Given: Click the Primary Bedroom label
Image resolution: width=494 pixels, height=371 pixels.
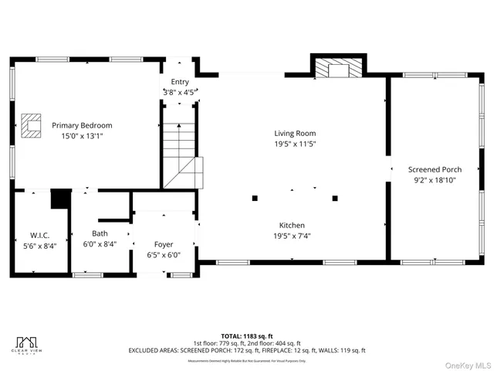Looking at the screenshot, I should click(82, 125).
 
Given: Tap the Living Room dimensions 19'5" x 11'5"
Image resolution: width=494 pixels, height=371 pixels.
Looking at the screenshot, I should click(295, 144).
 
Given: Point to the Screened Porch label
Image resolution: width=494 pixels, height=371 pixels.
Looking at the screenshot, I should click(435, 169).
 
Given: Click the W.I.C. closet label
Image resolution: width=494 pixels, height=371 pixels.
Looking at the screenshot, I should click(40, 234).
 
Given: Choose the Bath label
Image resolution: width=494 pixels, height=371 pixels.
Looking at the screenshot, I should click(100, 233).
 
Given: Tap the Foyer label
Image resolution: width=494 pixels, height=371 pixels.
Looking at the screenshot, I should click(164, 244).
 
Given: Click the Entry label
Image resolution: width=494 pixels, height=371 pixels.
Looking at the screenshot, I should click(180, 82).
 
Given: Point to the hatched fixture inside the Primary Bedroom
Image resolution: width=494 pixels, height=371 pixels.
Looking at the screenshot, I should click(31, 125).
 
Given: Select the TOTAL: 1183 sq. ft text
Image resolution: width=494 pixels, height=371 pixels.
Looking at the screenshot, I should click(247, 336).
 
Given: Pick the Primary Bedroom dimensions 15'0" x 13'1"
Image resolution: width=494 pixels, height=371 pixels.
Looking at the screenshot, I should click(82, 136).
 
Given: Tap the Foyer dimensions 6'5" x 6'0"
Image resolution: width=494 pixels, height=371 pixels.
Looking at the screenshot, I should click(164, 255).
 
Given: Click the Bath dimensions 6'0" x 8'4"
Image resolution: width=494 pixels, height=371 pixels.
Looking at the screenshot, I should click(100, 243).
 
